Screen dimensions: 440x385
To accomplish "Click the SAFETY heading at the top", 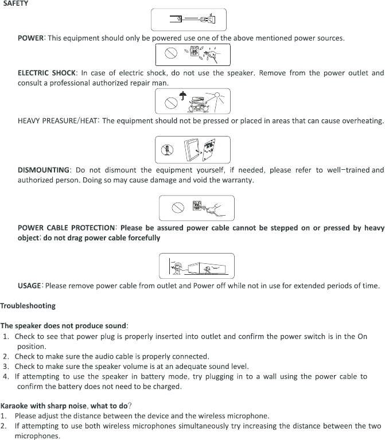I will pyautogui.click(x=15, y=3).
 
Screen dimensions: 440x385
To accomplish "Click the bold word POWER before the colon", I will pyautogui.click(x=30, y=38).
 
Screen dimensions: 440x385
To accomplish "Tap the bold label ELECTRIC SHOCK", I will pyautogui.click(x=46, y=73).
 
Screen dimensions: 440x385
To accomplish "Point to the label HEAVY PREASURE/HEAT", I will pyautogui.click(x=57, y=120).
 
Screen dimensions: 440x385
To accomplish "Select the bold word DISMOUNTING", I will pyautogui.click(x=44, y=170).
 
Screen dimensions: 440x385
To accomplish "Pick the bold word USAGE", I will pyautogui.click(x=29, y=285).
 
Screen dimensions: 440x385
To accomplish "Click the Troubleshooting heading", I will pyautogui.click(x=28, y=305).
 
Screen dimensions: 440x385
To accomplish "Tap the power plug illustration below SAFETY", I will pyautogui.click(x=188, y=20).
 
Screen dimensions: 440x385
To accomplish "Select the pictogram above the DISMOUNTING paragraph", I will pyautogui.click(x=192, y=150).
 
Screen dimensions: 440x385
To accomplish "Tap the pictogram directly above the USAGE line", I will pyautogui.click(x=196, y=266).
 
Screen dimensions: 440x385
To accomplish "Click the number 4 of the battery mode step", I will pyautogui.click(x=5, y=376).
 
